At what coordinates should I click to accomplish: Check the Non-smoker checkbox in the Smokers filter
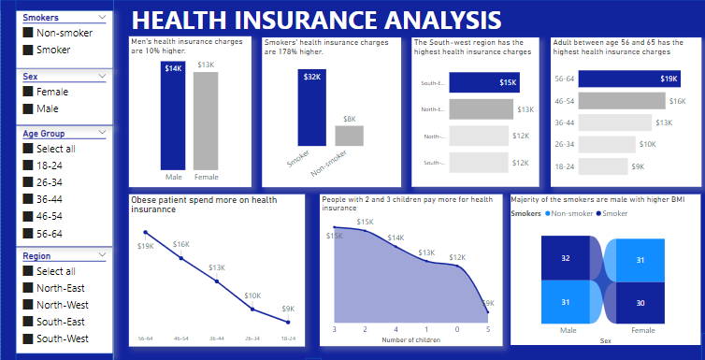tap(28, 34)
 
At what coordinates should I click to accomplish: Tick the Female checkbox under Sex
tap(28, 92)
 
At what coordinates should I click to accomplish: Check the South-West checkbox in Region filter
tap(28, 338)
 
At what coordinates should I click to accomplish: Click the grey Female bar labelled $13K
tap(205, 122)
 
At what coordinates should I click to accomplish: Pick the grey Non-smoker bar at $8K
tap(349, 136)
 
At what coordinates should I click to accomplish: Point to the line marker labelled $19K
tap(145, 232)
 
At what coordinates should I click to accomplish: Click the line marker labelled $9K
tap(289, 322)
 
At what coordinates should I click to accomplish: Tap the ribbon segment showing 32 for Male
tap(565, 258)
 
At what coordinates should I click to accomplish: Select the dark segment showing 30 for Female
tap(639, 302)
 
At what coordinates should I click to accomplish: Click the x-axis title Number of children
tap(411, 340)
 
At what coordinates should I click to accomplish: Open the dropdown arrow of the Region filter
tap(101, 255)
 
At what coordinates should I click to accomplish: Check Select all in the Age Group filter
tap(28, 149)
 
